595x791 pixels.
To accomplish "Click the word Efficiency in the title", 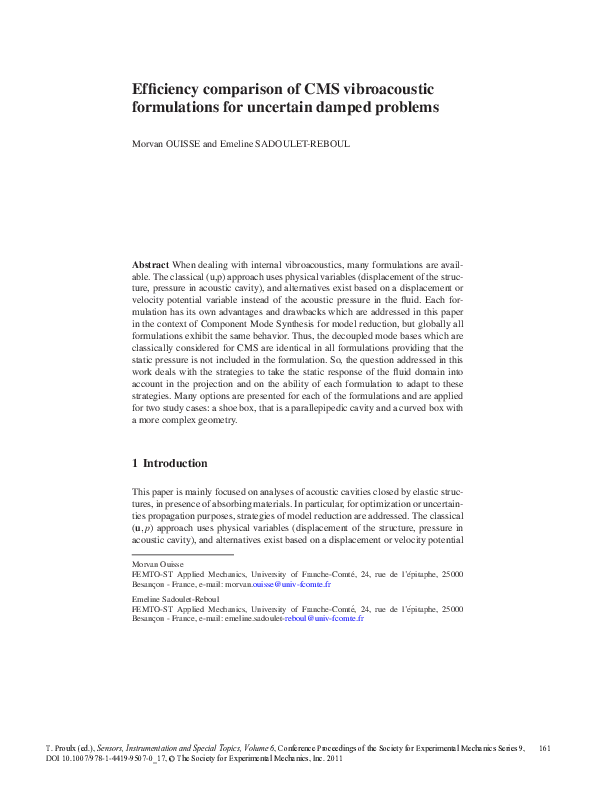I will coord(169,88).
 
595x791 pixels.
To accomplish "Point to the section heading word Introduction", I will coord(175,464).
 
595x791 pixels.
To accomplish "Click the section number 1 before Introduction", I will coord(135,464).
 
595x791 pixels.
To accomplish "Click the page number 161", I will coord(545,748).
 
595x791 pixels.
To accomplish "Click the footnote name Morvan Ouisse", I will coord(158,565).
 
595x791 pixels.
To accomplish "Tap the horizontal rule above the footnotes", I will coord(182,554).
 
